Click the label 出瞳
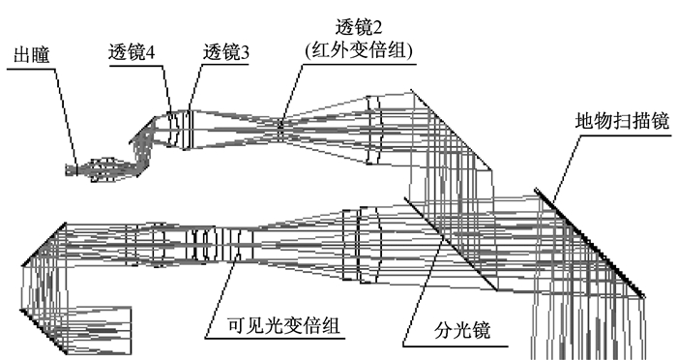tap(32, 55)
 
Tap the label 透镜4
tap(132, 52)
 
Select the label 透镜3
tap(226, 52)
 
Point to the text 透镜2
tap(359, 27)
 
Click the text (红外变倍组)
tap(359, 50)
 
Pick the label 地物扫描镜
tap(622, 121)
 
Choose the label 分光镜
tap(462, 330)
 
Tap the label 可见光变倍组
tap(283, 325)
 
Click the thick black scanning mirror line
tap(589, 243)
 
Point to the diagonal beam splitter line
tap(451, 244)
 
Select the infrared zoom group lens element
tap(280, 130)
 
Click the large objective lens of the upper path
tap(374, 130)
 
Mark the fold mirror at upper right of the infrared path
tap(452, 130)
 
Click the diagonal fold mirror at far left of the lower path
tap(44, 245)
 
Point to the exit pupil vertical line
tap(76, 169)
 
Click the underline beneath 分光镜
tap(456, 346)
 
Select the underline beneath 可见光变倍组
tap(275, 338)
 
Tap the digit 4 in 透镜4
tap(150, 52)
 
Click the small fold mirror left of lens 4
tap(143, 129)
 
